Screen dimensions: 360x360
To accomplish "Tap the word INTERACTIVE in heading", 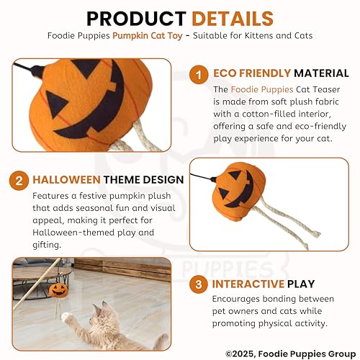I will tap(249, 284).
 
